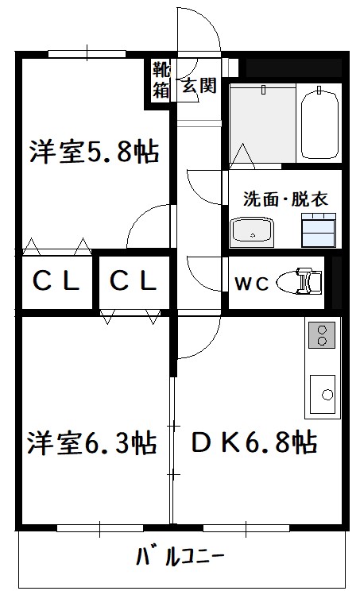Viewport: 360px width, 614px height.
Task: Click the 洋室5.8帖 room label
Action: (94, 152)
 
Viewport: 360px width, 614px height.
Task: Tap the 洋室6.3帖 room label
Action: (91, 442)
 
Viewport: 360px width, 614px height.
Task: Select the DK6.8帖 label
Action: (254, 442)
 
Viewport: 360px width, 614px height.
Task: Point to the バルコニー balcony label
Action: (180, 557)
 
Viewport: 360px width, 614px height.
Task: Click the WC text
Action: (251, 284)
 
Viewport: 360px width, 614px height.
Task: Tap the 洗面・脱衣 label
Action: (285, 199)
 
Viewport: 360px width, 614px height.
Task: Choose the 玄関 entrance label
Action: (199, 85)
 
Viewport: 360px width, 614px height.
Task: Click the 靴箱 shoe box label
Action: (161, 79)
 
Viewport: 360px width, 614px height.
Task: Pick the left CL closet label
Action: (56, 281)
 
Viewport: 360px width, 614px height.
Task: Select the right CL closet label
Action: (134, 281)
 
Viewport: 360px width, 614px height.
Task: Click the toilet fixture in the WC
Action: (299, 281)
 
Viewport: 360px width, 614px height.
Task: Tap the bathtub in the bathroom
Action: (319, 124)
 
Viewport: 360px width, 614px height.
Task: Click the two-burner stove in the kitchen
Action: (322, 335)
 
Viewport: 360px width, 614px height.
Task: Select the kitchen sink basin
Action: (323, 394)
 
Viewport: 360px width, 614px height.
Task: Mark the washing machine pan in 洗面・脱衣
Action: (319, 230)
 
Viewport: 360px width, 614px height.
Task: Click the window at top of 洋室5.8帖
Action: (87, 54)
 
